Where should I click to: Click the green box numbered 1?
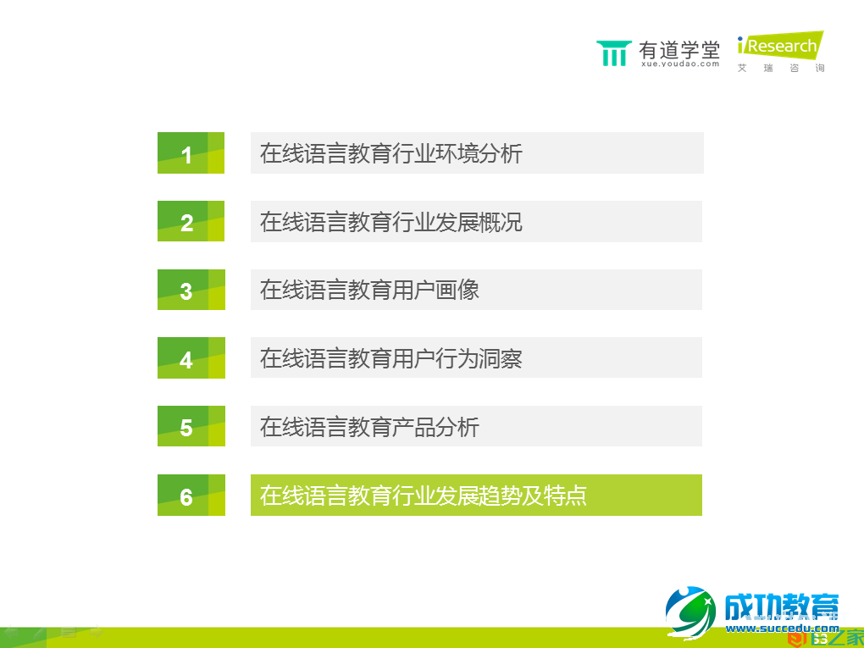tap(191, 153)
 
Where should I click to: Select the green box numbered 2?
tap(191, 221)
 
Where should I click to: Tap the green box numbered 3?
tap(191, 290)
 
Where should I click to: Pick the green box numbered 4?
tap(191, 357)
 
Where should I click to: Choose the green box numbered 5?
tap(191, 426)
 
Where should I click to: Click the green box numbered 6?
tap(191, 496)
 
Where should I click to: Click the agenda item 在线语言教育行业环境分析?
tap(391, 153)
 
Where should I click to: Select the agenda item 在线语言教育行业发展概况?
tap(391, 221)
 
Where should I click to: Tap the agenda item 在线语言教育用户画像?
tap(369, 290)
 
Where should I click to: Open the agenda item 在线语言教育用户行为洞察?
tap(391, 357)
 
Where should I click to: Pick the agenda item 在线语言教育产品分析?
tap(369, 426)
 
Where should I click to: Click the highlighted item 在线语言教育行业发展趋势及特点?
tap(424, 496)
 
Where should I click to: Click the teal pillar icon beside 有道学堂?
tap(614, 53)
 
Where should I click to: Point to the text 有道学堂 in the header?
tap(679, 48)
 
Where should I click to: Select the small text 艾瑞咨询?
tap(780, 68)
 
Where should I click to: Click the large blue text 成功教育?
tap(780, 607)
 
